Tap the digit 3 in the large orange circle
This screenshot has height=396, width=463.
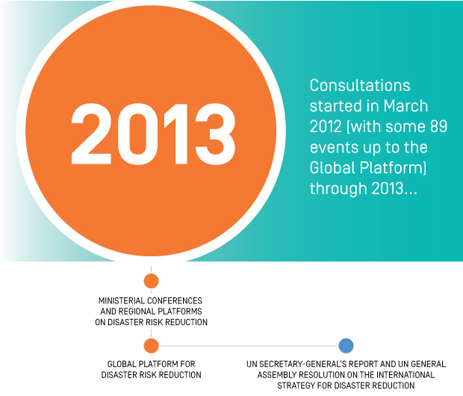216,134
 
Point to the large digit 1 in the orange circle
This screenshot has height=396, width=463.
176,134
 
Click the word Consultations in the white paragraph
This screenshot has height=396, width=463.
360,85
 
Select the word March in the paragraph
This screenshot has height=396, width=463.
405,106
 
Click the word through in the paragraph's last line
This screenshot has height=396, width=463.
338,189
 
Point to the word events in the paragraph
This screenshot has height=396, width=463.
330,147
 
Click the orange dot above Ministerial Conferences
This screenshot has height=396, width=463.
151,281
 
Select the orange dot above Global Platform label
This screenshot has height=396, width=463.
151,346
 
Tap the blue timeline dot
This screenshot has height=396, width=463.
346,346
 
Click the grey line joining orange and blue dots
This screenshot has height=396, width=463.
249,346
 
